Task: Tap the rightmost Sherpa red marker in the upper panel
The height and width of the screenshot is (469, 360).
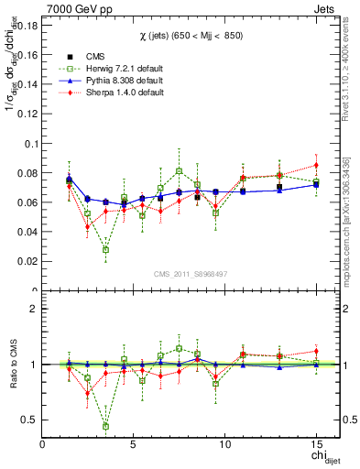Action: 316,165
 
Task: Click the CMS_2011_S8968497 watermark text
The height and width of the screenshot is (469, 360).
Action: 189,274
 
